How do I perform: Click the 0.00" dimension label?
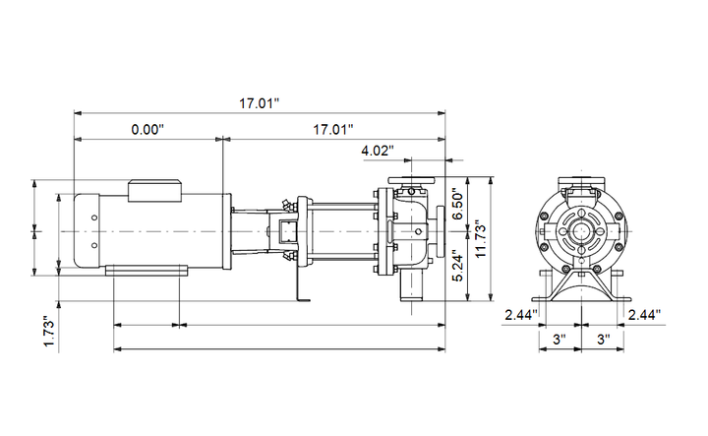pos(147,130)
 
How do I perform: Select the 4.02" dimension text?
pos(378,151)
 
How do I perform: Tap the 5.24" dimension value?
pos(458,266)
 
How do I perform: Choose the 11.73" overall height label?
pos(481,239)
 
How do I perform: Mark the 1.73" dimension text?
pos(49,331)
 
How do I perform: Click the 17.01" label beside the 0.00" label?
pos(333,130)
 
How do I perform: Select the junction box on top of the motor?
pos(155,191)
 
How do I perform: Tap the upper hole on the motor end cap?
pos(94,218)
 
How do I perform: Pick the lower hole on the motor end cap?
pos(94,245)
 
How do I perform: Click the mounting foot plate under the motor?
pos(147,271)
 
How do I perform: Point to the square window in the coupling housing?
pos(286,231)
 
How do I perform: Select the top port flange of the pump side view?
pos(412,181)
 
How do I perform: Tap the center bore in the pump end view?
pos(581,231)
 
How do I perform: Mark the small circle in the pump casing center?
pos(419,231)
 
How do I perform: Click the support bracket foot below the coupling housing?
pos(303,298)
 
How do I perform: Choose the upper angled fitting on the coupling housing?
pos(286,204)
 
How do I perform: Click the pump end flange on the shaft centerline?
pos(441,231)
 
